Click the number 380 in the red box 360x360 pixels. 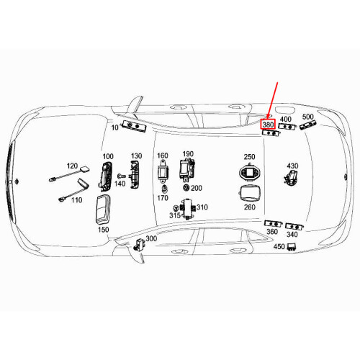[268, 125]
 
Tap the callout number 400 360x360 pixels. [286, 119]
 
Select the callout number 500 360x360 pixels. [307, 117]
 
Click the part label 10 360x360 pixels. [115, 127]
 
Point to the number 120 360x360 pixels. [71, 166]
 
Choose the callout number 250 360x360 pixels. [249, 157]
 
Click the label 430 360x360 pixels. [292, 166]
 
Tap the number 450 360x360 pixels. [279, 246]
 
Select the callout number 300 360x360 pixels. [151, 238]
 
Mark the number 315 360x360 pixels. [175, 215]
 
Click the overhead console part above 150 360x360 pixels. [99, 208]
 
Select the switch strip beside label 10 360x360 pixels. [134, 127]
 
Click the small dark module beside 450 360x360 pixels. [292, 246]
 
